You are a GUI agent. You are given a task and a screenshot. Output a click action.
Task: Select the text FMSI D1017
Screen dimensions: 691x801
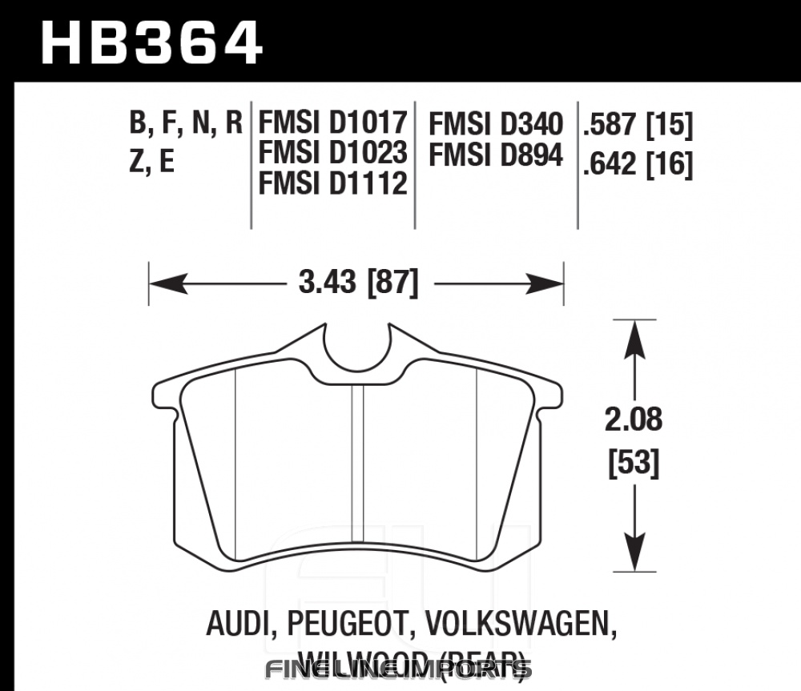332,124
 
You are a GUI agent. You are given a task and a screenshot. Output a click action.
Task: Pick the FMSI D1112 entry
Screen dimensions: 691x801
332,183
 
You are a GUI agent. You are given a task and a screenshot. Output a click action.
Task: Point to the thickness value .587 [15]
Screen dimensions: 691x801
638,124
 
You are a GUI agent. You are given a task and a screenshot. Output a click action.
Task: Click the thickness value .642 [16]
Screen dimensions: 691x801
638,166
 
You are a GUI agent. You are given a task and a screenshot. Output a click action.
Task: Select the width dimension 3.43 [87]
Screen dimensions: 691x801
357,283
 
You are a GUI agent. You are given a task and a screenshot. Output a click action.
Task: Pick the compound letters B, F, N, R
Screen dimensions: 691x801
185,124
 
